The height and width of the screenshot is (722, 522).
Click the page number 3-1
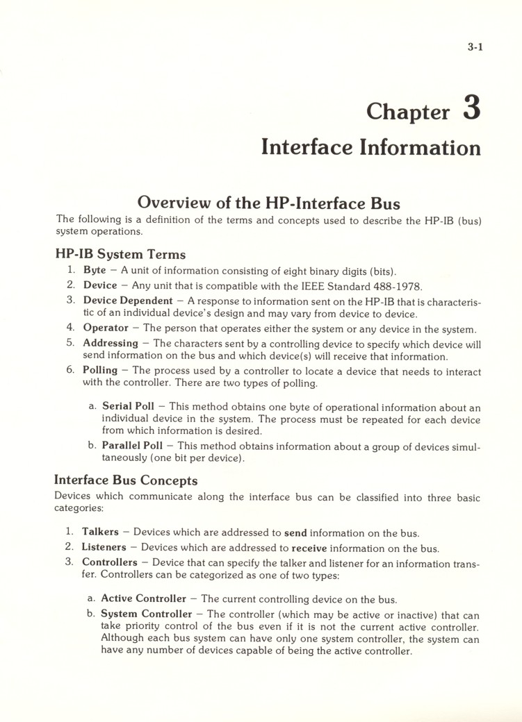coord(475,48)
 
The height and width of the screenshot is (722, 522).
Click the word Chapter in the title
coord(408,111)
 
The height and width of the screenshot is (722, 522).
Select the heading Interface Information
coord(370,147)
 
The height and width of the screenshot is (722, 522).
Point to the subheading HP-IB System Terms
coord(120,254)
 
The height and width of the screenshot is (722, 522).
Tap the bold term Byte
coord(95,270)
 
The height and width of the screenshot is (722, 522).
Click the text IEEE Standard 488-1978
coord(361,285)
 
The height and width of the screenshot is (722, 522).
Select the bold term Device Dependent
coord(128,300)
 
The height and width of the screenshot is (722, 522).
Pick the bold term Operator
coord(106,328)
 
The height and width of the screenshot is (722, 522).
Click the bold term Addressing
coord(111,343)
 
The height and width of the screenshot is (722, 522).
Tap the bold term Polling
coord(101,370)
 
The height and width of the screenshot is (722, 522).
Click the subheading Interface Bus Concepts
coord(126,480)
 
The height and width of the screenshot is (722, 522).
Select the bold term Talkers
coord(100,532)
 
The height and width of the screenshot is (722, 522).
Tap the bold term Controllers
coord(110,562)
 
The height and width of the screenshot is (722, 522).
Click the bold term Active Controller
coord(144,598)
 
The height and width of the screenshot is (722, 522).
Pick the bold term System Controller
coord(147,614)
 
